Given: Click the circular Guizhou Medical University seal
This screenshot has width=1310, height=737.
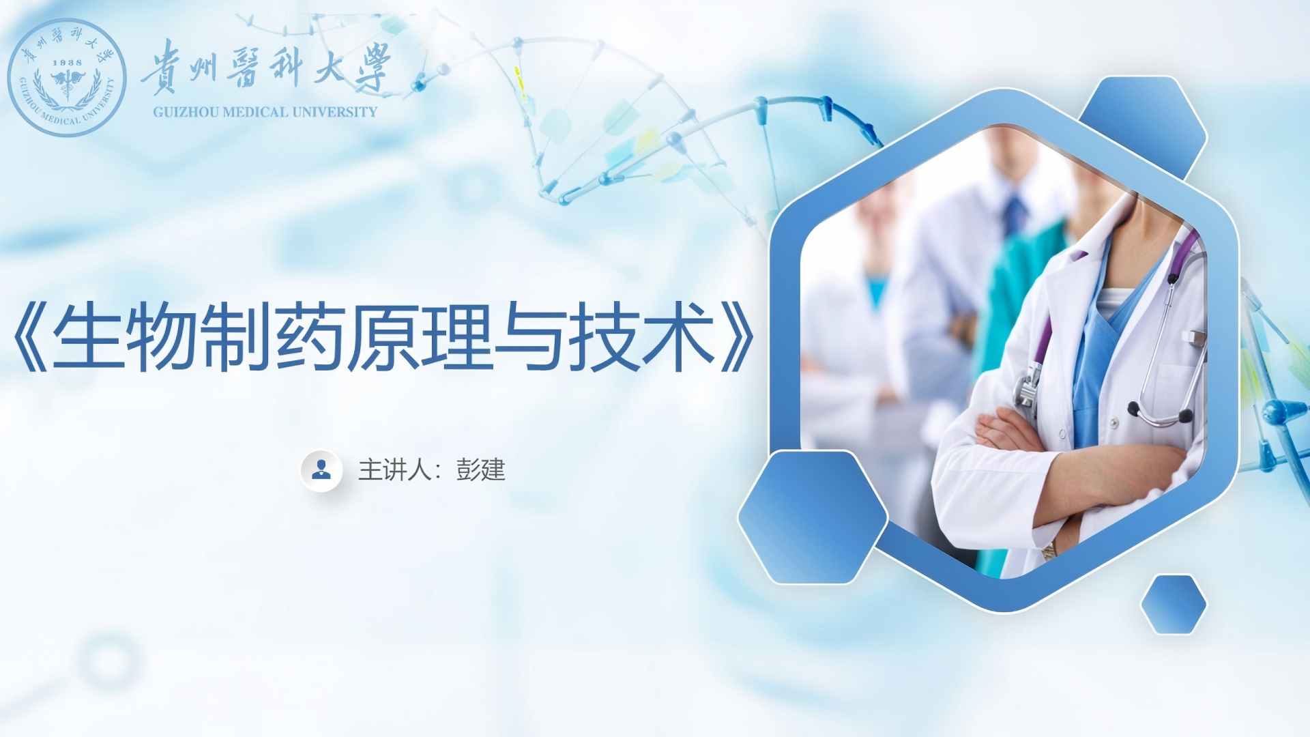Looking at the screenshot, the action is (x=67, y=77).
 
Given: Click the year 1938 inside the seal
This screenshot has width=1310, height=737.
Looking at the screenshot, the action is (x=67, y=62).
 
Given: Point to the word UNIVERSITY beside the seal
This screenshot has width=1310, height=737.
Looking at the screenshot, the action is (x=335, y=112).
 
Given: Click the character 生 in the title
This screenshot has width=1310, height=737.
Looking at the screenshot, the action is (x=87, y=337).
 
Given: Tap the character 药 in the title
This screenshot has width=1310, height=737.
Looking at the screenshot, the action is (x=308, y=337).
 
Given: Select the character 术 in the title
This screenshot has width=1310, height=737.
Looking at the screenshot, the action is (x=678, y=337).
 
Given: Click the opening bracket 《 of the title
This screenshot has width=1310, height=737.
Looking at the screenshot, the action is (x=31, y=337).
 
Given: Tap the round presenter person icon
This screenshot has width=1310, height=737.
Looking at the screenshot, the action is (x=321, y=469).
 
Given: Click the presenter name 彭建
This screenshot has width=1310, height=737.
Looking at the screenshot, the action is (x=481, y=469).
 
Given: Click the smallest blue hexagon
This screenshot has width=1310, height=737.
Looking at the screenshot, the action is (x=1174, y=605).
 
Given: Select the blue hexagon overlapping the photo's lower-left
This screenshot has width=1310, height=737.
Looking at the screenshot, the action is (x=813, y=517).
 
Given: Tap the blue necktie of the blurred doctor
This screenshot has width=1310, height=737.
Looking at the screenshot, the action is (x=1015, y=213).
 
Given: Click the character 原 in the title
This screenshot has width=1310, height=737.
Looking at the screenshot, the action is (x=382, y=337).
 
